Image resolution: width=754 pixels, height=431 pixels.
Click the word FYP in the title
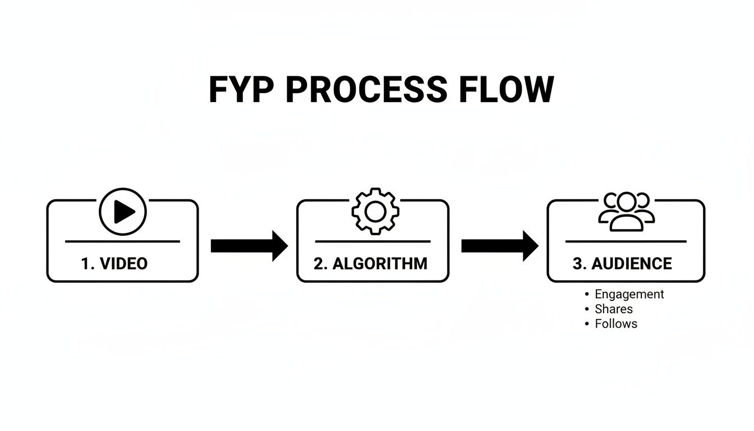pos(242,90)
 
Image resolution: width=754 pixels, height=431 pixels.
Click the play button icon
pos(123,212)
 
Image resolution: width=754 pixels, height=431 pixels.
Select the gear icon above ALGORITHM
pos(375,212)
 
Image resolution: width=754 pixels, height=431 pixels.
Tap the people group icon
pos(626,212)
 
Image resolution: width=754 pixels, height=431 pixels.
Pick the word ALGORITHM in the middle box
pos(380,263)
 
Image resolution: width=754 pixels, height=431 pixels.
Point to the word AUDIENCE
pos(632,263)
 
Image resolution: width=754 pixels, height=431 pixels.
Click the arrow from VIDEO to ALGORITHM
pos(249,246)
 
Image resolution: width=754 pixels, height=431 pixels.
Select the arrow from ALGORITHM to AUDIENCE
pos(499,246)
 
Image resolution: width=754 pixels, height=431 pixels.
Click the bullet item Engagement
pos(629,294)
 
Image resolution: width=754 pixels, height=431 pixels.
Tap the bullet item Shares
pos(613,309)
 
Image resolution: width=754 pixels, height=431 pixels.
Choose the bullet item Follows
pos(615,323)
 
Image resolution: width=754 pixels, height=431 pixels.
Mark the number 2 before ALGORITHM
pos(318,263)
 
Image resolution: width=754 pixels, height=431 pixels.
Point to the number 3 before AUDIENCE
pos(578,263)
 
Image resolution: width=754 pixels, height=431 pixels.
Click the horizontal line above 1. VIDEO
pos(122,241)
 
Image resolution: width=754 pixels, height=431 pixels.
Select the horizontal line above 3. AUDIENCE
pos(626,241)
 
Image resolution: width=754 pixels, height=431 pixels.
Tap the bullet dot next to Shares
pos(586,309)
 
